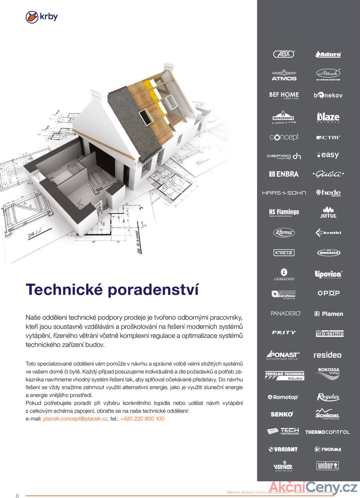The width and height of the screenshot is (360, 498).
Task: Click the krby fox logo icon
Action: coord(32,17)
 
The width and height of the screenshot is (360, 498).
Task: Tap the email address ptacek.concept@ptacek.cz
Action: coord(76,418)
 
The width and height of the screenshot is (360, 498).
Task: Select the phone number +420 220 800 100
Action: coord(142,418)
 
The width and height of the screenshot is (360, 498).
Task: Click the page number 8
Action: coord(17,496)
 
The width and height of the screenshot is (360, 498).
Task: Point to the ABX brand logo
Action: coord(284,54)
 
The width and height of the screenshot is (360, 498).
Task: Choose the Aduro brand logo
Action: coord(328,54)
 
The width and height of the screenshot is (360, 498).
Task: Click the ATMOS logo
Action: coord(284,75)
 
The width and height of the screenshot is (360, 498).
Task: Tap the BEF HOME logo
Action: coord(284,95)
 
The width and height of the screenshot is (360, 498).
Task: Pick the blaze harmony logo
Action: coord(328,117)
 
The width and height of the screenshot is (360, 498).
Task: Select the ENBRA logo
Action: coord(284,174)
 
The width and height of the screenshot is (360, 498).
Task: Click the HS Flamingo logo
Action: coord(284,212)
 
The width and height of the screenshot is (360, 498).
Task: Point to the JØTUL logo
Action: coord(328,212)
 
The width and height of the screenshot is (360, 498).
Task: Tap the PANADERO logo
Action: coord(285,313)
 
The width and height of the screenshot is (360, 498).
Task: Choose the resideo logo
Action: coord(327,355)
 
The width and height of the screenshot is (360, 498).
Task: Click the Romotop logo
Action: coord(283,397)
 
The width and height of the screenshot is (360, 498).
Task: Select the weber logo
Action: coord(328,466)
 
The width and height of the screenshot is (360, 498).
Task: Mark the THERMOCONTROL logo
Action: coord(327,432)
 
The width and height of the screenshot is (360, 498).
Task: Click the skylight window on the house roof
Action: coord(145,115)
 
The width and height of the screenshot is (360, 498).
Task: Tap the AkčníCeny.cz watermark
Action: coord(313,488)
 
